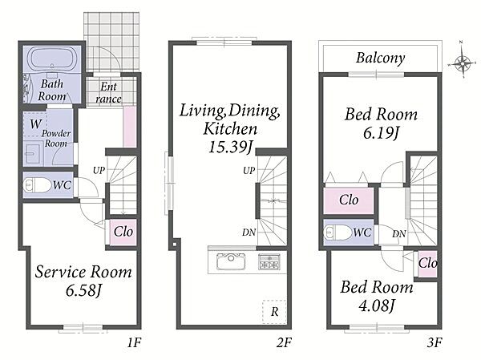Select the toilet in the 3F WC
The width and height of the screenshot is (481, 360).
pos(338,233)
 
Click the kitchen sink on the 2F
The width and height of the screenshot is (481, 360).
pos(231,262)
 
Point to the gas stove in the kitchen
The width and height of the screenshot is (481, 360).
pos(269,262)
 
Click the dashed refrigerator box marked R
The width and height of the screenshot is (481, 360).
pos(274,312)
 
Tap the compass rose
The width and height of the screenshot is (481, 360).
pos(462,63)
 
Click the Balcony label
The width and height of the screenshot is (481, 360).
pos(380,58)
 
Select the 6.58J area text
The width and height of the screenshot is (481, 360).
pos(83,290)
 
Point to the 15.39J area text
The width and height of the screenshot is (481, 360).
pos(230,147)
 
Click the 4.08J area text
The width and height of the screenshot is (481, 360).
pos(377,305)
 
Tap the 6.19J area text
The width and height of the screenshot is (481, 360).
pos(381,133)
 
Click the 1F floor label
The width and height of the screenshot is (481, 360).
pos(134,342)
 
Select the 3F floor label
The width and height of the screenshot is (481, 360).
pos(435,342)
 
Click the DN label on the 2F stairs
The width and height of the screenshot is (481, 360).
pos(249,233)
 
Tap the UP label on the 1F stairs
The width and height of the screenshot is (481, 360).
pos(99,170)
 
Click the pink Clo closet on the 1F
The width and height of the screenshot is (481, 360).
pos(123,232)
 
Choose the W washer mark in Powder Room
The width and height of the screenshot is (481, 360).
pos(35,124)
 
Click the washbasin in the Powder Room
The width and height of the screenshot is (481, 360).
pos(31,153)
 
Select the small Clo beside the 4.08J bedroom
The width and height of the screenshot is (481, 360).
pos(427,263)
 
